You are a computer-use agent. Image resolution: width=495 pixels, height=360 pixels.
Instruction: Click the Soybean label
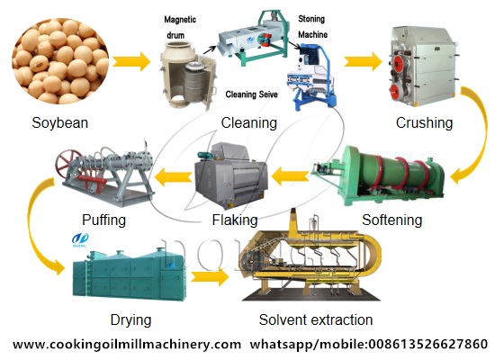tap(59, 123)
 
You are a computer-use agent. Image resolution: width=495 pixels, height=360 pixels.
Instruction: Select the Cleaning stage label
tap(247, 123)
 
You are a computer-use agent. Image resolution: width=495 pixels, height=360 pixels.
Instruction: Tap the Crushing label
tap(423, 123)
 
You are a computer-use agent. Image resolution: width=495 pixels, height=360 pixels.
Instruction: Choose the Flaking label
tap(235, 220)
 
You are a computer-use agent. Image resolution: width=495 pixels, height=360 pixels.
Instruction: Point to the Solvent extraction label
tap(315, 319)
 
